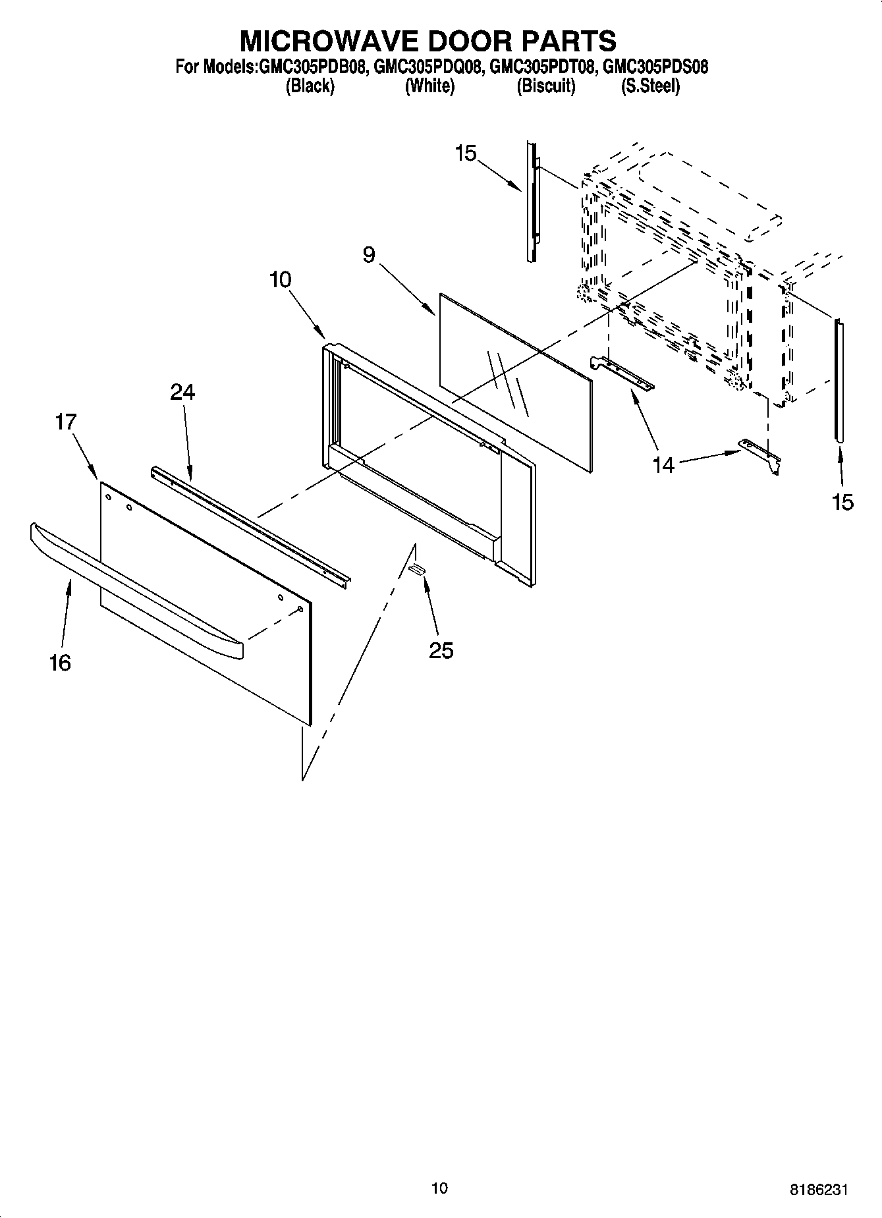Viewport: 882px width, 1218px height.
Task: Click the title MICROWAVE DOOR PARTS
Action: point(427,41)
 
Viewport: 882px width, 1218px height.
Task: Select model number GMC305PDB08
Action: point(313,67)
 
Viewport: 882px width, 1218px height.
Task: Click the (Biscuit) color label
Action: point(545,86)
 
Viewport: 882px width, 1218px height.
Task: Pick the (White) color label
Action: point(429,86)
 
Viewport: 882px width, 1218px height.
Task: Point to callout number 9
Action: point(369,255)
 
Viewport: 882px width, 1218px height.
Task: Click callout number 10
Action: point(280,280)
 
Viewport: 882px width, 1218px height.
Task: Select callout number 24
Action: point(182,393)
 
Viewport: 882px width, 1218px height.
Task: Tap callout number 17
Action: point(66,422)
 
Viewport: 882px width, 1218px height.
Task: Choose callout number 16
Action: point(59,663)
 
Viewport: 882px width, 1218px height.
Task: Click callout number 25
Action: point(441,651)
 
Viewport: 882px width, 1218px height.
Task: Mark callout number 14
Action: point(663,465)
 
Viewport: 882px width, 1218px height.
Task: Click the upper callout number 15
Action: point(465,153)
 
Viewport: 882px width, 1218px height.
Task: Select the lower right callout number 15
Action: point(842,502)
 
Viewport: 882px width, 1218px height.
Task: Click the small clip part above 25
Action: point(416,569)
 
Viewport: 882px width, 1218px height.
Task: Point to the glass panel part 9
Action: point(514,382)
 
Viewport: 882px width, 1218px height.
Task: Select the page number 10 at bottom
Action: point(439,1188)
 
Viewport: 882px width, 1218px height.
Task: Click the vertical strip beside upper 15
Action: point(531,201)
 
